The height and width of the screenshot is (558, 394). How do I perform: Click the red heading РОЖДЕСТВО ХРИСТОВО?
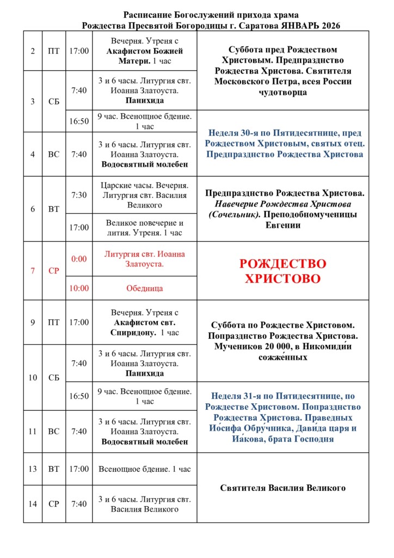tap(283, 271)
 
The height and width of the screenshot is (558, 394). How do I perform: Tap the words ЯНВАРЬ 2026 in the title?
tap(312, 25)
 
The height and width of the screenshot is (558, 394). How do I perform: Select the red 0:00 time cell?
tap(79, 259)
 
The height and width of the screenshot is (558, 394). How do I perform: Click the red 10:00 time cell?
tap(79, 288)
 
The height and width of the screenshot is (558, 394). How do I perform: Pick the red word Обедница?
tap(145, 288)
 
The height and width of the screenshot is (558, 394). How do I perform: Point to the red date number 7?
tap(33, 271)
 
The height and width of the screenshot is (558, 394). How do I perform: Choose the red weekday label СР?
tap(53, 271)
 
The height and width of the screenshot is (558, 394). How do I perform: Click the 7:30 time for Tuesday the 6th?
tap(79, 195)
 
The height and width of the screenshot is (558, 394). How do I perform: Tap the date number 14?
tap(33, 504)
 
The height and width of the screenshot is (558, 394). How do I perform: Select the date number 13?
tap(33, 469)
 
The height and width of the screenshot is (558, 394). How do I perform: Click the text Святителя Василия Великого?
tap(283, 488)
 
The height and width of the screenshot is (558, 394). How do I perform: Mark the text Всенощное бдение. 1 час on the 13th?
tap(145, 469)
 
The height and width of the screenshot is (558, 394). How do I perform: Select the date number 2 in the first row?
tap(33, 51)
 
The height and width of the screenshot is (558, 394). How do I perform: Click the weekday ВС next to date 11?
tap(53, 431)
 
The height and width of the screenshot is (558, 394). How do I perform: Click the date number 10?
tap(33, 378)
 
